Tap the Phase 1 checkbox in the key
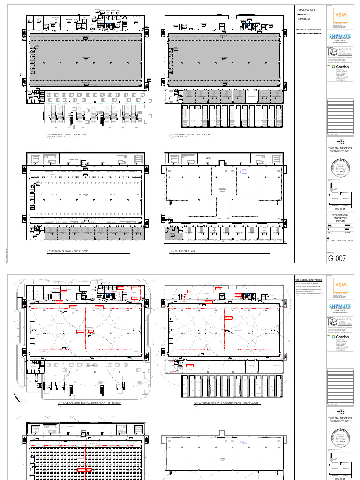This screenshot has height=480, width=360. tap(299, 15)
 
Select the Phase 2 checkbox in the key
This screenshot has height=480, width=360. tap(299, 19)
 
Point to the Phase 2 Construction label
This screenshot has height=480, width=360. tap(308, 30)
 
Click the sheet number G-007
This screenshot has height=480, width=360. tap(337, 258)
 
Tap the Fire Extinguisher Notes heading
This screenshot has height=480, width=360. tap(308, 279)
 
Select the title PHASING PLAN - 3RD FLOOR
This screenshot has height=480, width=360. tap(70, 252)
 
